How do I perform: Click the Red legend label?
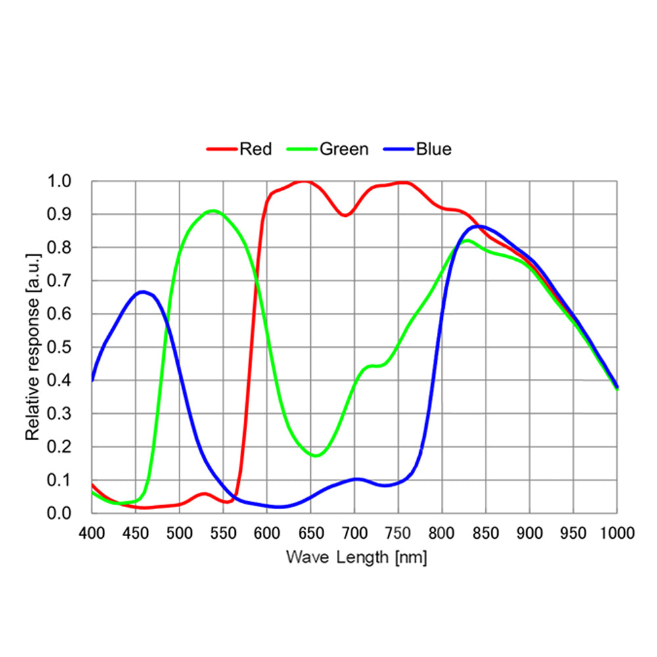[256, 149]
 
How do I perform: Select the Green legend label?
[344, 149]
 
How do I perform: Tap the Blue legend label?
[434, 149]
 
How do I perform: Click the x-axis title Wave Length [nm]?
[357, 558]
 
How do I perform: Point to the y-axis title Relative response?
[32, 346]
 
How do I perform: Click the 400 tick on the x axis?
[92, 532]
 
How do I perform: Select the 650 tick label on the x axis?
[311, 532]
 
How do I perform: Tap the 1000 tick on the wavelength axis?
[616, 532]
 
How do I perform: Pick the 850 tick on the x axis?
[486, 532]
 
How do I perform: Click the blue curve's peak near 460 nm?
[143, 292]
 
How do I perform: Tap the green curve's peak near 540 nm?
[213, 211]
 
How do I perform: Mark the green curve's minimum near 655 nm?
[315, 455]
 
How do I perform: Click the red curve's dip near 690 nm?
[346, 215]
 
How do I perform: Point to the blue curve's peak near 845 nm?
[480, 226]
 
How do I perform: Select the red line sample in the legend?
[221, 149]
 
